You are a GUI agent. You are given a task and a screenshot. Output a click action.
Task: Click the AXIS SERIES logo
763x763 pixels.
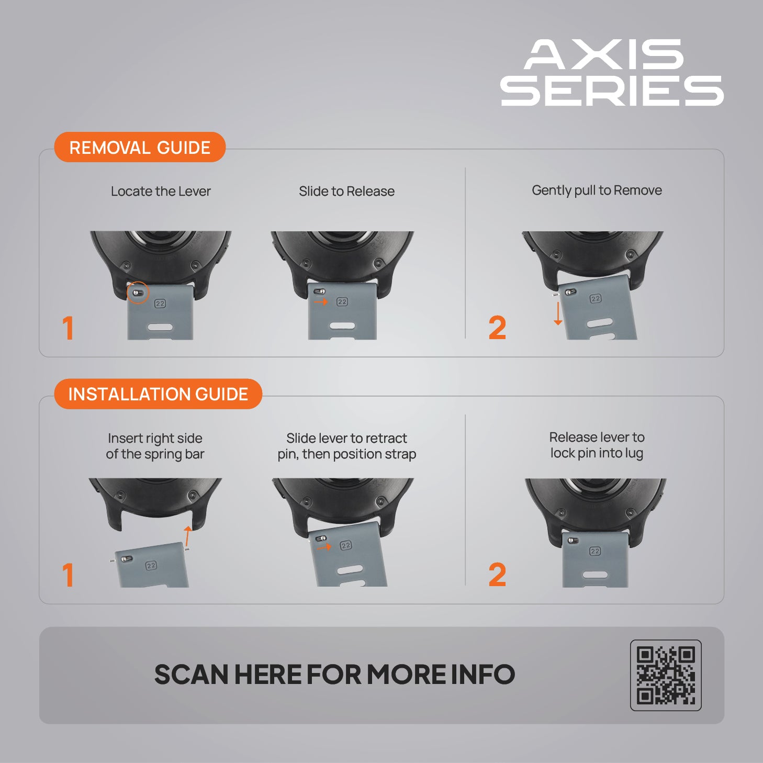[x=612, y=72]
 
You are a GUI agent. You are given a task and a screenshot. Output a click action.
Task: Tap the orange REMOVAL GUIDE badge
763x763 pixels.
[x=140, y=147]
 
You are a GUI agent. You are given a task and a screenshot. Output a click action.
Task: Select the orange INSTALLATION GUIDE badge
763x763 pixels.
[x=158, y=394]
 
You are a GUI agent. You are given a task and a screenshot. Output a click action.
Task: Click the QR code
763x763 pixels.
[x=666, y=675]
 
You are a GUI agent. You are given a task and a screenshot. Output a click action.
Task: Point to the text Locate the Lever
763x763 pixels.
[x=161, y=191]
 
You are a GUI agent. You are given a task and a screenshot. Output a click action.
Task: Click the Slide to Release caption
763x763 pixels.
[x=346, y=191]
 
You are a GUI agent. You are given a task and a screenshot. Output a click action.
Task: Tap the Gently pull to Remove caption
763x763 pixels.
[x=597, y=190]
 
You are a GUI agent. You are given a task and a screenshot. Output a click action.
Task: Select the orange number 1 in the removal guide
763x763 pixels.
[x=68, y=328]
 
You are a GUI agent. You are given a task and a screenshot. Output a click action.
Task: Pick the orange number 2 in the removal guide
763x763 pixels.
[x=497, y=328]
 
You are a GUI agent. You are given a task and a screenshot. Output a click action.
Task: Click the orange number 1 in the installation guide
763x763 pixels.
[x=68, y=575]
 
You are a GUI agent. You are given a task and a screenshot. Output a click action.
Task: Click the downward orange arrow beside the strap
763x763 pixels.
[x=557, y=313]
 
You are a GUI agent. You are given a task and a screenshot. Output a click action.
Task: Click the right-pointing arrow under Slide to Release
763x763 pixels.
[x=321, y=302]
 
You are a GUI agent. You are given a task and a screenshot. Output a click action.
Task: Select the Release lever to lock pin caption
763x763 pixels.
[x=597, y=445]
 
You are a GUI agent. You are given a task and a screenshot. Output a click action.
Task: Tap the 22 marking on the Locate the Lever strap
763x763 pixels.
[x=160, y=304]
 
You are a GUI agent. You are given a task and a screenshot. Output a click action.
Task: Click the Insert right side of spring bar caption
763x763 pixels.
[x=155, y=446]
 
